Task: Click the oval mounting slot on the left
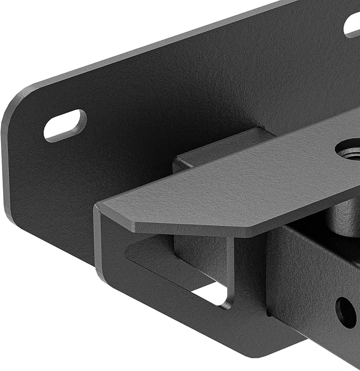pos(65,125)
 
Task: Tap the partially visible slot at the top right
pos(352,23)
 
